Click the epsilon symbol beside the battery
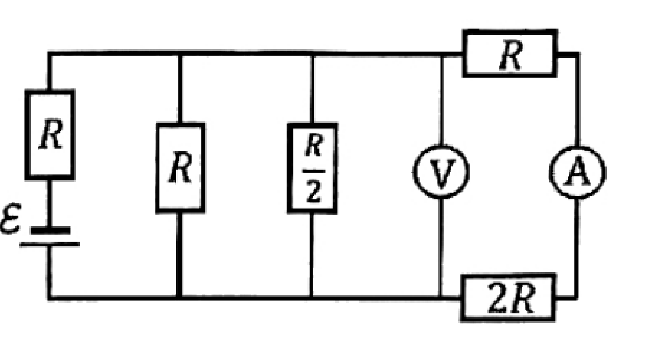click(x=10, y=219)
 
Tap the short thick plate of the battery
click(x=50, y=230)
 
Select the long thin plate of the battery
click(x=50, y=244)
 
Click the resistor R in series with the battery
click(x=50, y=135)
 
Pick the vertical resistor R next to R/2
click(x=180, y=168)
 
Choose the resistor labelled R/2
click(x=312, y=168)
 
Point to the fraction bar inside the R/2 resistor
click(x=314, y=171)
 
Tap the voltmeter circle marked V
click(x=441, y=171)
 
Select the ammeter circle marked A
click(x=577, y=171)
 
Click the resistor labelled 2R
click(x=508, y=297)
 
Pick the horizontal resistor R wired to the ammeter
click(x=510, y=53)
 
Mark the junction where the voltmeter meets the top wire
click(x=441, y=54)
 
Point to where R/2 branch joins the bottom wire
click(x=312, y=297)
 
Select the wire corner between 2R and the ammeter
click(x=576, y=296)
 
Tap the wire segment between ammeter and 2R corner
click(x=576, y=248)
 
